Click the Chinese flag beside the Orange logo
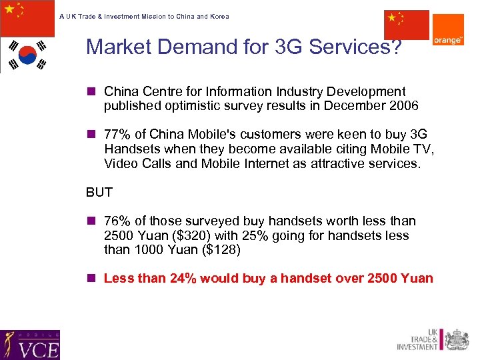tap(406, 25)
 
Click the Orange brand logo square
tap(448, 30)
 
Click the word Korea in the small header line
tap(219, 16)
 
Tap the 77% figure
tap(117, 135)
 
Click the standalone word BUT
tap(99, 193)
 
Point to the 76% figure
tap(117, 221)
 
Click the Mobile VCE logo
tap(30, 345)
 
